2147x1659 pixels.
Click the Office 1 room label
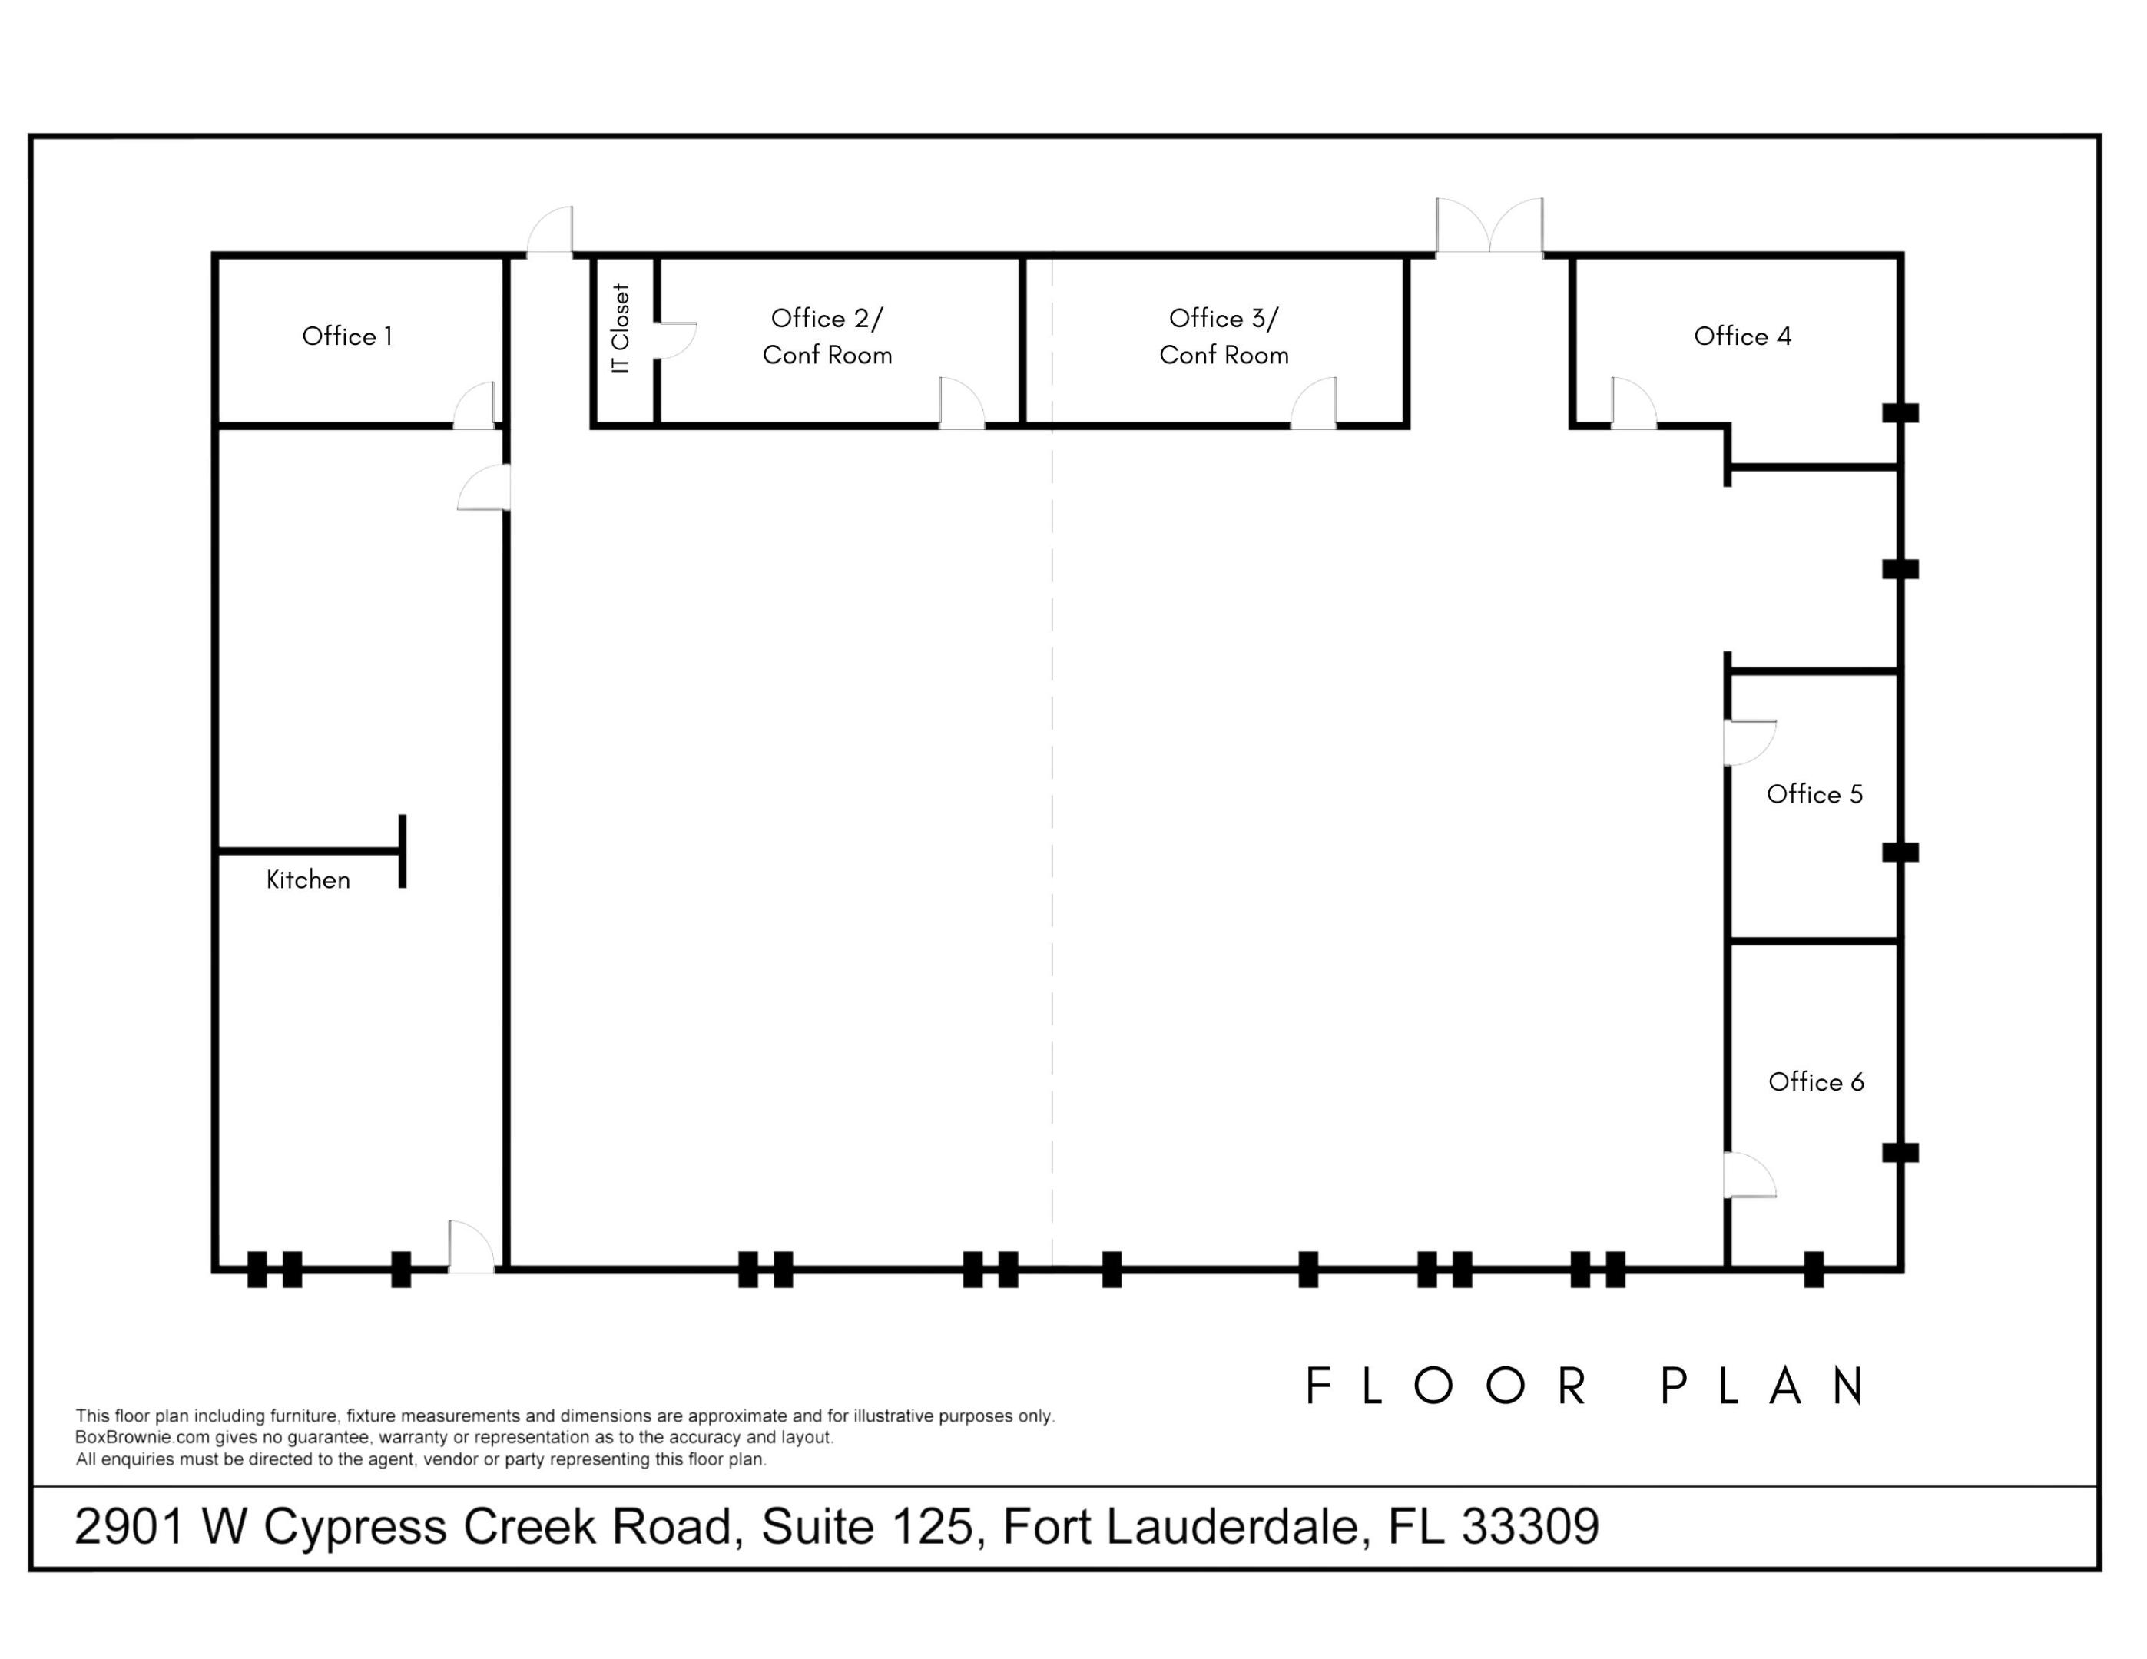point(347,336)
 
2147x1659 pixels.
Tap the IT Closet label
point(621,328)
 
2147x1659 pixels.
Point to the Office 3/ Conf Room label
point(1224,336)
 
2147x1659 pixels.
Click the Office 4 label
point(1743,336)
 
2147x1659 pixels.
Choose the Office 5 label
point(1814,794)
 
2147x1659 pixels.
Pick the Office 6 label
point(1816,1082)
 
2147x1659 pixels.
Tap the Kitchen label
point(308,879)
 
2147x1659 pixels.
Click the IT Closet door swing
point(676,340)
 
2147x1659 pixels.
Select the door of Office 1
point(474,405)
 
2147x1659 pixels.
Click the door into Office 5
point(1750,743)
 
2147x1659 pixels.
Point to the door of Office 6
point(1750,1174)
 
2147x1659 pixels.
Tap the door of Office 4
point(1634,404)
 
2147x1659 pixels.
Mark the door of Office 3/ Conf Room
point(1314,404)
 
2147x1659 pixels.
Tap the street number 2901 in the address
point(131,1526)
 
